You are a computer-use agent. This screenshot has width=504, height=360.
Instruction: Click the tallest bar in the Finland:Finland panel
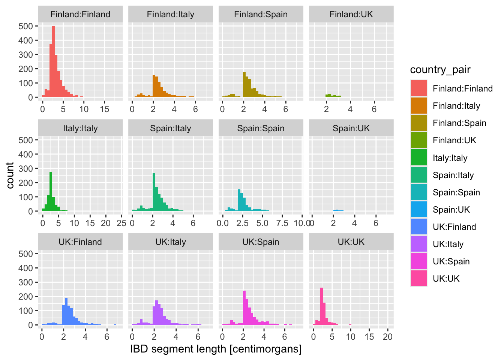(x=53, y=62)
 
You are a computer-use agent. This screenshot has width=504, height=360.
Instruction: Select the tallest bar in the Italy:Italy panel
(x=51, y=192)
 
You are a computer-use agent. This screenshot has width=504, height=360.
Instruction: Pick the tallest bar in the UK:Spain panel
(x=244, y=308)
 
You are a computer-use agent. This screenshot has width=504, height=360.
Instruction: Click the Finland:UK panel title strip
(x=351, y=15)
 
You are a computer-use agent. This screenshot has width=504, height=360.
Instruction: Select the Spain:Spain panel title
(x=261, y=128)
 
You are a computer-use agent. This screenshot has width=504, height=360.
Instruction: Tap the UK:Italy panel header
(x=171, y=242)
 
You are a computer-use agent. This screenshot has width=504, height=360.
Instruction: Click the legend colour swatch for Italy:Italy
(x=418, y=157)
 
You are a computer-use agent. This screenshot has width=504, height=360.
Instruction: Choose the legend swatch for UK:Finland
(x=418, y=226)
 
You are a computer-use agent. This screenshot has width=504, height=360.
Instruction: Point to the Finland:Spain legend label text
(x=459, y=123)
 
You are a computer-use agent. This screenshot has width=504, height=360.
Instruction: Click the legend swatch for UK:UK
(x=418, y=279)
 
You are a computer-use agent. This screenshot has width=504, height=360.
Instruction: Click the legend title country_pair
(x=440, y=70)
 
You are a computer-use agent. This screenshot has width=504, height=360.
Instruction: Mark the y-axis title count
(x=10, y=175)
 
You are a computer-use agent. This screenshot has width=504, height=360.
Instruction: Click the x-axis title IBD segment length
(x=216, y=349)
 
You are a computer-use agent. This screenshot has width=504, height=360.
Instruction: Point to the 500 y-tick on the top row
(x=26, y=26)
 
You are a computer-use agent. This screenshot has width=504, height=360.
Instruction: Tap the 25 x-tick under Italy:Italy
(x=121, y=223)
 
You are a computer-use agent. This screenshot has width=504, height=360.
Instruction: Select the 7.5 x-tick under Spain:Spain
(x=282, y=223)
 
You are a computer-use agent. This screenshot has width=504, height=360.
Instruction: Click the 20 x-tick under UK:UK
(x=388, y=337)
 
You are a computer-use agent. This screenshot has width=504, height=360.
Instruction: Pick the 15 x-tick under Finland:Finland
(x=105, y=109)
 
